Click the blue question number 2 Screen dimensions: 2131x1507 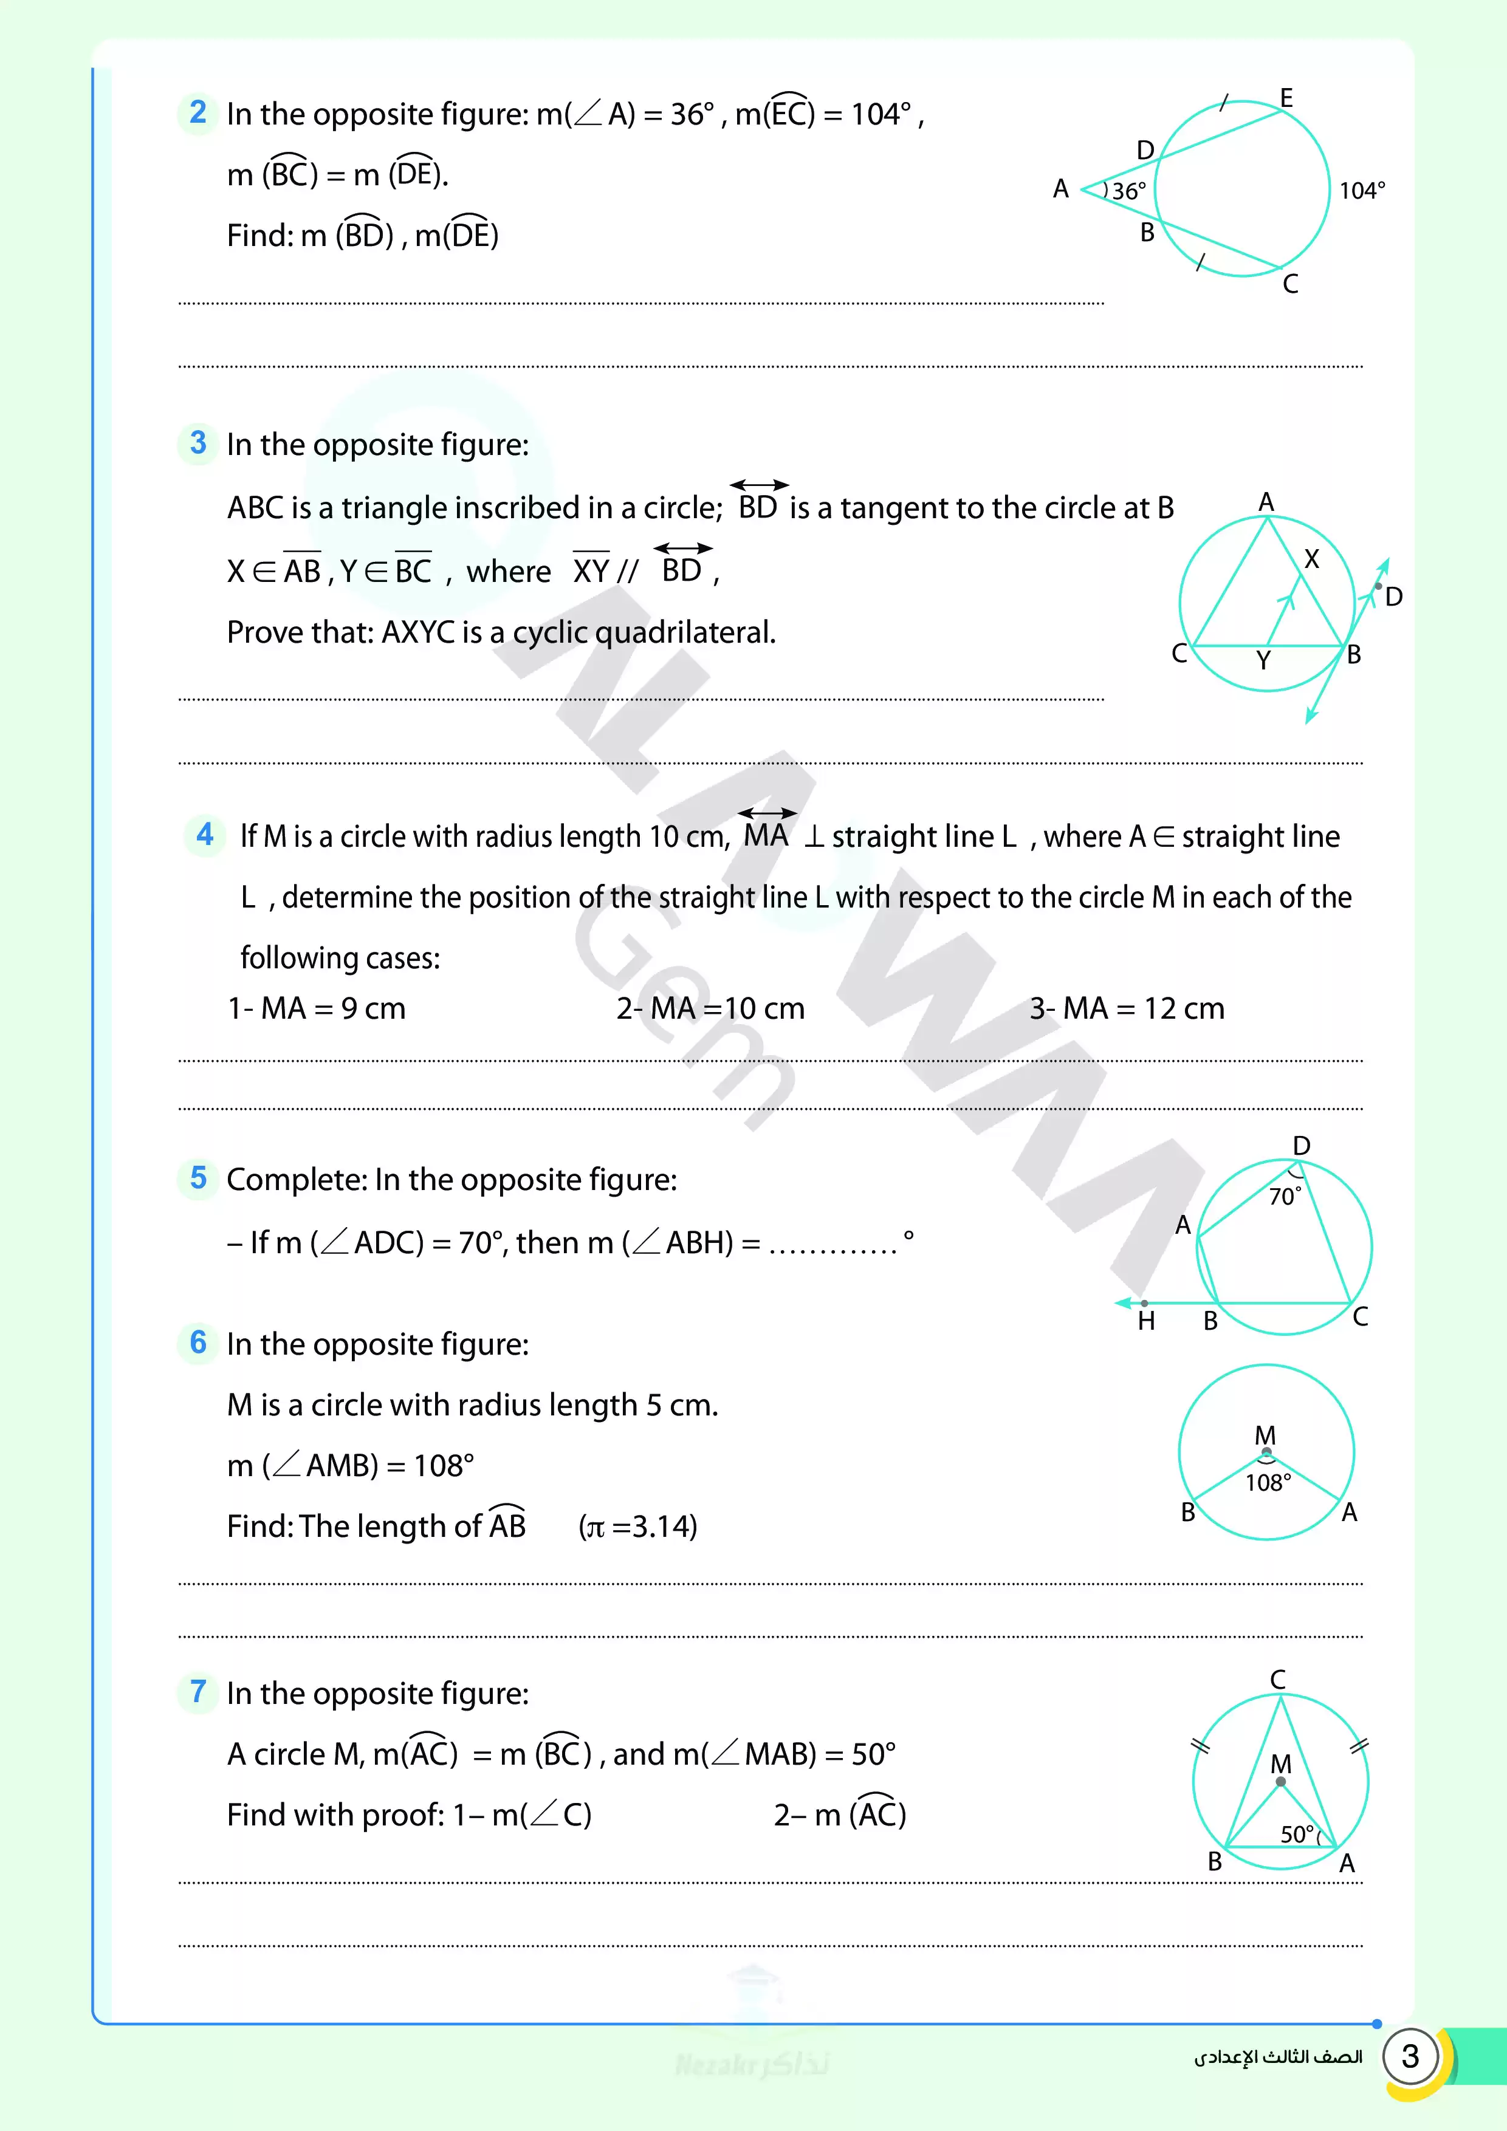[197, 112]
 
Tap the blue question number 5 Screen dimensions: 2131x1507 [197, 1178]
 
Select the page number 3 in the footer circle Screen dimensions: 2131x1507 [1410, 2056]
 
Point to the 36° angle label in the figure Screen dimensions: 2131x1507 [1128, 191]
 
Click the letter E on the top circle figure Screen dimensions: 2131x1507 [1286, 97]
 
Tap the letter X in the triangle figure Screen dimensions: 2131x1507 [1311, 559]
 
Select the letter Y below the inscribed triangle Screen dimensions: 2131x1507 [1263, 660]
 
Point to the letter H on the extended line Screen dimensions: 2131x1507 [1147, 1321]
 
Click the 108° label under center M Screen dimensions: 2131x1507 [1268, 1482]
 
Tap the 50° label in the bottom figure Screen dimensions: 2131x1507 [1297, 1834]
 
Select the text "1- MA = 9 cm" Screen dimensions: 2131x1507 [317, 1008]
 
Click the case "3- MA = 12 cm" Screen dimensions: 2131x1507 [1127, 1008]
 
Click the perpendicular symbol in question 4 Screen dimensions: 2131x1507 [814, 837]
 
